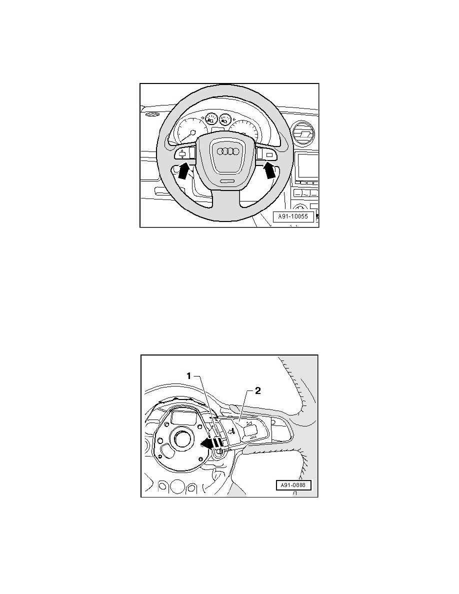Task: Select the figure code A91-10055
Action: click(293, 217)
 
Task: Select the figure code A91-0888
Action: click(294, 485)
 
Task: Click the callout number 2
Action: click(257, 391)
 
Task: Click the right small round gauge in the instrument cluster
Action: click(225, 120)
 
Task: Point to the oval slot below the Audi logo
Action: click(227, 181)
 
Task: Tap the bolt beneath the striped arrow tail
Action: click(218, 453)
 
